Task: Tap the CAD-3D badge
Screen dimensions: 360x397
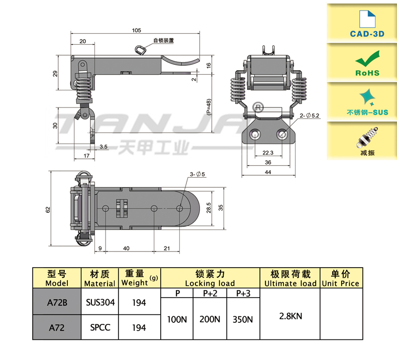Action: coord(367,23)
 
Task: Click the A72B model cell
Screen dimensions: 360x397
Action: coord(57,302)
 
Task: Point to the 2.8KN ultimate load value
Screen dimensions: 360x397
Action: coord(290,316)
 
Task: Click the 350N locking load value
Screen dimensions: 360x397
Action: coord(243,319)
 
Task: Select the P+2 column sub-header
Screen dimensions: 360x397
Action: coord(210,293)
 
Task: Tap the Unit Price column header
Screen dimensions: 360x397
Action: coord(341,279)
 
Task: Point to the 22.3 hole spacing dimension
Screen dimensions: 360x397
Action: coord(267,153)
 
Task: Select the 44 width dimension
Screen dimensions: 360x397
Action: coord(267,172)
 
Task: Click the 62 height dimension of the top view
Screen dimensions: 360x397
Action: coord(49,209)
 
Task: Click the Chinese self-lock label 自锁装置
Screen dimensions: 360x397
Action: coord(163,40)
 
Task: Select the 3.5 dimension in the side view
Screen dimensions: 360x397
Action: coord(103,147)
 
